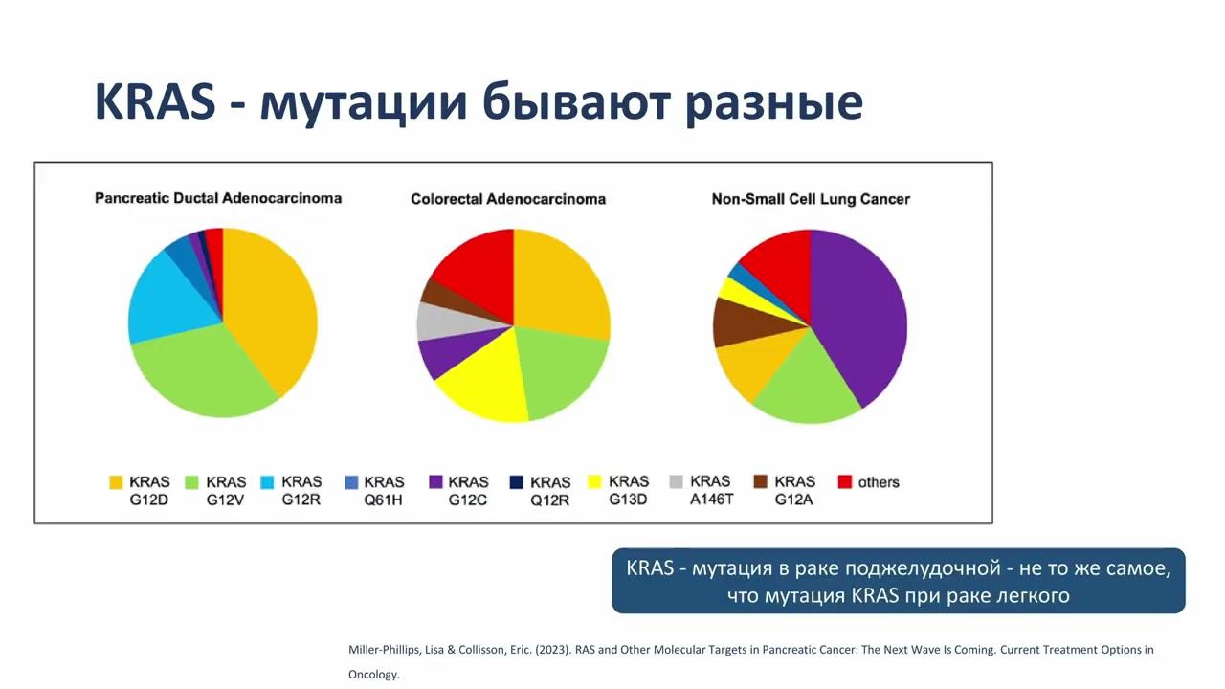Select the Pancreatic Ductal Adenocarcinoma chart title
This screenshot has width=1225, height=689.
click(x=218, y=198)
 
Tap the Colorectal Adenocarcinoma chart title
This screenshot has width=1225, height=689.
click(x=508, y=199)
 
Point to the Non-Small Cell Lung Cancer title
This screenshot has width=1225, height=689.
click(x=811, y=199)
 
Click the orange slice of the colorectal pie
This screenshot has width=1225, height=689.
click(x=560, y=282)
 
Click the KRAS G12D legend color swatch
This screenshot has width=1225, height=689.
click(x=116, y=482)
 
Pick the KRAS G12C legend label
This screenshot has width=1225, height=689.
click(x=468, y=490)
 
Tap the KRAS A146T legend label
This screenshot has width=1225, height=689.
click(x=710, y=490)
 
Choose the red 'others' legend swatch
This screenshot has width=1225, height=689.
click(x=844, y=482)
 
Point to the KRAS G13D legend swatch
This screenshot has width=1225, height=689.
click(x=593, y=482)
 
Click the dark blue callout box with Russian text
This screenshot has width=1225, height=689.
click(x=898, y=581)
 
